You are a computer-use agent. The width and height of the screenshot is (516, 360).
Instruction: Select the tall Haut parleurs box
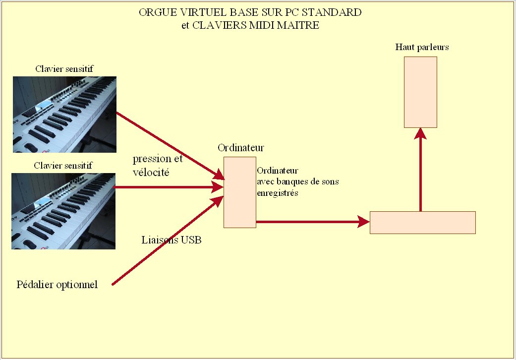[x=420, y=92]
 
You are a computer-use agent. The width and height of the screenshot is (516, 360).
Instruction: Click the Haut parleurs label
[x=422, y=47]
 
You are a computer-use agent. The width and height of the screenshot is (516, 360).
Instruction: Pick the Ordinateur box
[x=240, y=192]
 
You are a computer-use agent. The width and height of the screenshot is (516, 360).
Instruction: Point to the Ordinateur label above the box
[x=241, y=148]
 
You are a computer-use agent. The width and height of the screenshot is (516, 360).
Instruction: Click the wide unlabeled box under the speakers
[x=423, y=222]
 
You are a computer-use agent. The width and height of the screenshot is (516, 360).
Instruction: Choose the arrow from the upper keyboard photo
[x=169, y=144]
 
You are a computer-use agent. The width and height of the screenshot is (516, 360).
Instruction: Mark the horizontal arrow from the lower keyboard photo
[x=169, y=187]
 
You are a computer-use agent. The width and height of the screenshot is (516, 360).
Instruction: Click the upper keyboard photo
[x=64, y=114]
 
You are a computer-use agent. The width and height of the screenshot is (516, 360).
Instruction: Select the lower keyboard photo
[x=63, y=211]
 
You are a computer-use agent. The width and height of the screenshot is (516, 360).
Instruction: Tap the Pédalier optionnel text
[x=57, y=285]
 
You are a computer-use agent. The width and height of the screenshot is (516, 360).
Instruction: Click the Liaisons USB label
[x=172, y=240]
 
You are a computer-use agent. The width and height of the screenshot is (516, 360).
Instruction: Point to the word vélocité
[x=151, y=173]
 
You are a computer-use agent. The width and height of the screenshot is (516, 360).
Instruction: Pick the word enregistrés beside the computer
[x=278, y=193]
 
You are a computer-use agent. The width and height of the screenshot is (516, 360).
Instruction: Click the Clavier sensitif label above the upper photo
[x=64, y=69]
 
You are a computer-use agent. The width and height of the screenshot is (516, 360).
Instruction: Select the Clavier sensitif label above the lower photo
[x=64, y=165]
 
